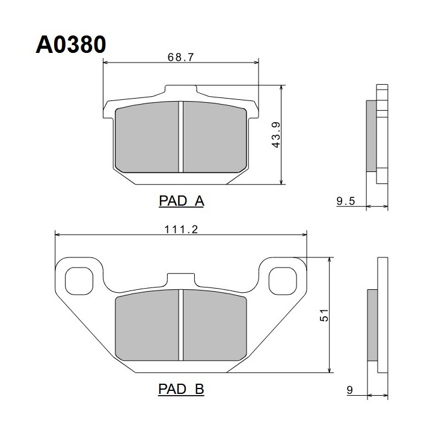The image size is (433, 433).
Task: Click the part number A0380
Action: point(71,45)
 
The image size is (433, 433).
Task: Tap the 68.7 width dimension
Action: point(180,57)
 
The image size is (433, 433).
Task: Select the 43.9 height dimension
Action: point(276,135)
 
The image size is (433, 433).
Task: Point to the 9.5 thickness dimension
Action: point(345,201)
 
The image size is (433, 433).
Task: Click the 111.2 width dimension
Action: point(181,229)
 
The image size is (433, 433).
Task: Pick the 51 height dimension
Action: point(324,315)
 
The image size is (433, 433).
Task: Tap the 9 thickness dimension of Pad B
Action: point(350,390)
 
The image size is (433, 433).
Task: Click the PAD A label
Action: point(182,201)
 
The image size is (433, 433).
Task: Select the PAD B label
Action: point(181,389)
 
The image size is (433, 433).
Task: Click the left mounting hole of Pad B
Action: point(79,281)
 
